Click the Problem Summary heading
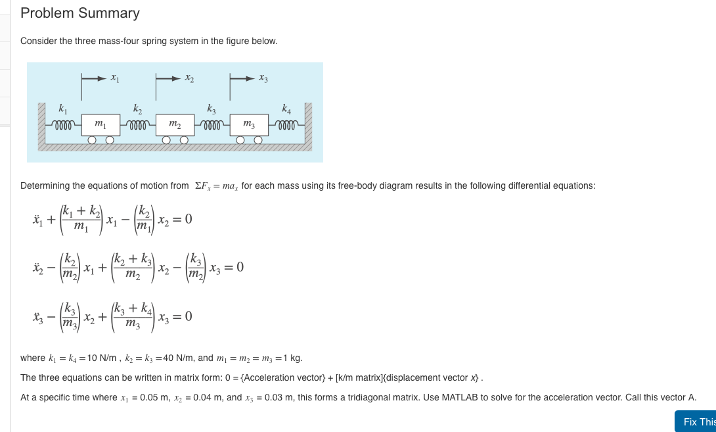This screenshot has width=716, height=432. point(80,13)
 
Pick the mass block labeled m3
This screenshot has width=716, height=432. point(249,124)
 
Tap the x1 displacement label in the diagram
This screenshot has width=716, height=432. point(114,78)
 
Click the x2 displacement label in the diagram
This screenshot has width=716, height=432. point(189,78)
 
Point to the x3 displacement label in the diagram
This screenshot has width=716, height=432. point(263,78)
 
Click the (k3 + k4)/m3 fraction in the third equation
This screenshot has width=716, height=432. point(133,316)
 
